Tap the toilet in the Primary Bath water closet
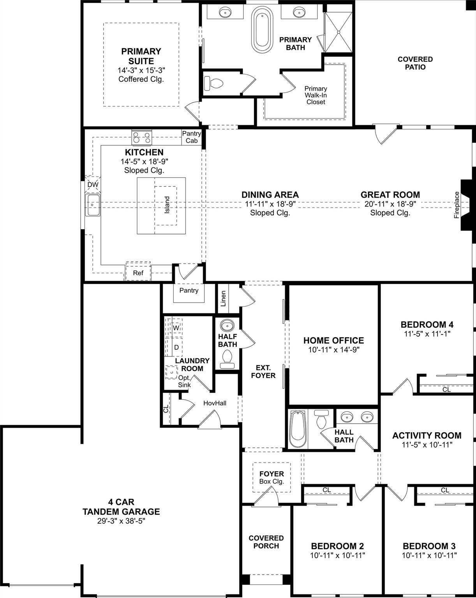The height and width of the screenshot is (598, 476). [214, 83]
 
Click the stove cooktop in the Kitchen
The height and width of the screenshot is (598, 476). [142, 137]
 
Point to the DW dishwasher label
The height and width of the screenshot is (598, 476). [93, 185]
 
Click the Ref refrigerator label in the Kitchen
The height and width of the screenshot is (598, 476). [138, 273]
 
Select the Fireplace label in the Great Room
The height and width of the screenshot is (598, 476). [457, 205]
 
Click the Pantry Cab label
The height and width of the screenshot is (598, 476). [191, 137]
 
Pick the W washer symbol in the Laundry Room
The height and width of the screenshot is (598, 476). [176, 328]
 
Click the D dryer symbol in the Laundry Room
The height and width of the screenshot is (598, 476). [176, 347]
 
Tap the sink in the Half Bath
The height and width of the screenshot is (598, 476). [227, 325]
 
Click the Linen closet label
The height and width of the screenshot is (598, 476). [223, 299]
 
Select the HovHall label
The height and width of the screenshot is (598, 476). [215, 403]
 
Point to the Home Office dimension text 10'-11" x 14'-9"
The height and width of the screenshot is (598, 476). [333, 350]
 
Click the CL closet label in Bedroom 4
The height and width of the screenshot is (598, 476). [446, 389]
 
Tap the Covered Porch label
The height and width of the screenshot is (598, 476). [266, 542]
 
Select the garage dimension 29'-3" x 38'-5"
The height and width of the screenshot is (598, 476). [121, 521]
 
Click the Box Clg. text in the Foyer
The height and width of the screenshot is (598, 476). [271, 482]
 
